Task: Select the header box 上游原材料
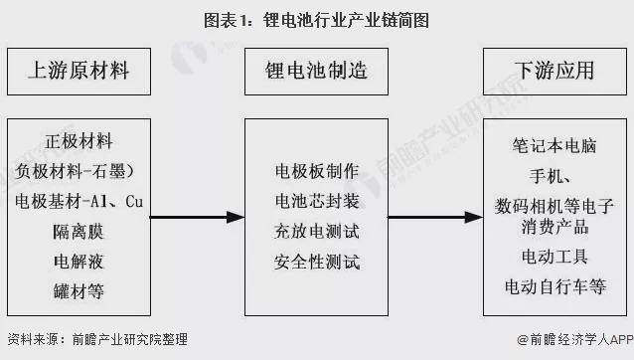pos(79,71)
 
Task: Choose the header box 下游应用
pos(554,71)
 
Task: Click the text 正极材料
pos(79,140)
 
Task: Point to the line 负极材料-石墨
pos(79,170)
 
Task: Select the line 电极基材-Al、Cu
pos(79,201)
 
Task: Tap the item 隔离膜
pos(79,232)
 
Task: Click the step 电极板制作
pos(317,170)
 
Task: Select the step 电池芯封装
pos(317,201)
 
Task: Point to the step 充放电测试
pos(317,232)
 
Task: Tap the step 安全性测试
pos(317,263)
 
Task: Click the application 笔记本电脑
pos(552,146)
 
